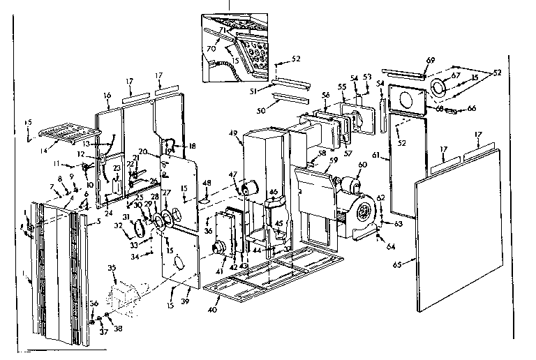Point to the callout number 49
[x=232, y=133]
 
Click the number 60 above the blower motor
[x=362, y=165]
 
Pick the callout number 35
[x=111, y=267]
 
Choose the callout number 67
[x=456, y=75]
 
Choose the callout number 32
[x=119, y=226]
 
